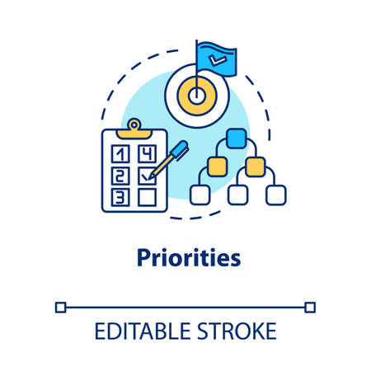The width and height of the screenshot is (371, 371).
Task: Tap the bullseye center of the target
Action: click(x=195, y=96)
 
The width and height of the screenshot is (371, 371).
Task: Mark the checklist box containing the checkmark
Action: click(x=147, y=175)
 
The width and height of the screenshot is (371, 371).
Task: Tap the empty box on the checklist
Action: click(x=148, y=197)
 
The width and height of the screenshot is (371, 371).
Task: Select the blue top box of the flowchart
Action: click(x=237, y=139)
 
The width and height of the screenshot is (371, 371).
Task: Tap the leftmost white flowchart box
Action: click(x=200, y=195)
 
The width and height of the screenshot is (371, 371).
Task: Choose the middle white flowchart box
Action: click(x=237, y=195)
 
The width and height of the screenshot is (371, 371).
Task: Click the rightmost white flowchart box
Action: click(x=275, y=195)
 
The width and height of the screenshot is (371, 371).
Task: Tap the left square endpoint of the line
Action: click(x=59, y=307)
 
